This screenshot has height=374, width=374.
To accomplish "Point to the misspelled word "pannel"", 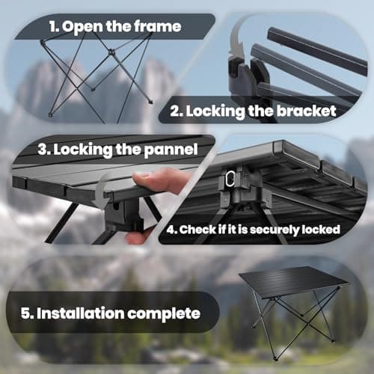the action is click(171, 150).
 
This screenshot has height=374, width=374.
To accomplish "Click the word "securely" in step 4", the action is click(275, 230).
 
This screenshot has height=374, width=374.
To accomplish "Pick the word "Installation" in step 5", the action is click(80, 313).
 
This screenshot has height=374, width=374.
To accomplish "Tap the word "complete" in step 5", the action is click(164, 314).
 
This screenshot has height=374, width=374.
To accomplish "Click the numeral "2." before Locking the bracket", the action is click(177, 111).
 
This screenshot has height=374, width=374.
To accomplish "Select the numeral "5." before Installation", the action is click(27, 313).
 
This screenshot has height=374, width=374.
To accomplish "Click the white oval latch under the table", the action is click(230, 178).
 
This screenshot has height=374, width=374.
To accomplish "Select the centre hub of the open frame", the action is click(111, 52).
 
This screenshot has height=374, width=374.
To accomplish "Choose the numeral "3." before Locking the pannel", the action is click(44, 150).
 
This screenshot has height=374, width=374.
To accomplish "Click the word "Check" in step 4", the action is click(197, 230).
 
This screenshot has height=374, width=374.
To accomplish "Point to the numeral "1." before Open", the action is click(54, 26).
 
